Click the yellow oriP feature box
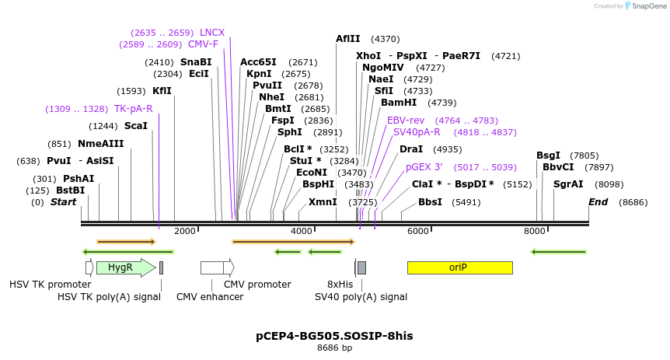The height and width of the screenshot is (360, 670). click(459, 267)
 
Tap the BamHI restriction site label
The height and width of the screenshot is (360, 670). click(399, 103)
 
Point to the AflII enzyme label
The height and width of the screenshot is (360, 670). click(348, 38)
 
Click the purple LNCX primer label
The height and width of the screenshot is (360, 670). click(212, 33)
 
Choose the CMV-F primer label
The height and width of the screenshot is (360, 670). click(204, 44)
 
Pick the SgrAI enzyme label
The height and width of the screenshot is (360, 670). click(568, 184)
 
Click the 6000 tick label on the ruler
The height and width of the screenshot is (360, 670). click(418, 231)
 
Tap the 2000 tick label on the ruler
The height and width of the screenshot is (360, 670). click(185, 231)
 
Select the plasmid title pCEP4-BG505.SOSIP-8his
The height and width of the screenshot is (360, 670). click(334, 336)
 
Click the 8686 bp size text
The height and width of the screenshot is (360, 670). click(334, 348)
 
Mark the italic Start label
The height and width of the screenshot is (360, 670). click(64, 202)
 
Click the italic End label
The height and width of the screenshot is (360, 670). click(598, 202)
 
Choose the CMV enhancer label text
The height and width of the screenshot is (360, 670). click(210, 296)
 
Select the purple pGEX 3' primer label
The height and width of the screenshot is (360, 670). click(424, 167)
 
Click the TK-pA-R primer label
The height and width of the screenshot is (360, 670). click(134, 109)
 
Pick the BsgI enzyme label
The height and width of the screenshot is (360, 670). click(548, 156)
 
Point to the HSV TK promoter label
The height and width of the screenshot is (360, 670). click(50, 285)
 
